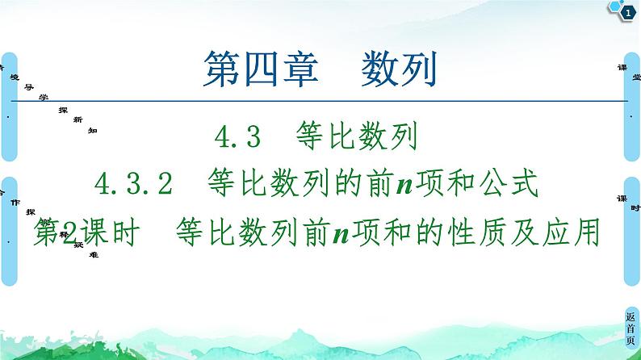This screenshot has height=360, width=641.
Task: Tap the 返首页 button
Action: (630, 327)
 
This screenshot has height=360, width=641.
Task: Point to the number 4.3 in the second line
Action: (238, 138)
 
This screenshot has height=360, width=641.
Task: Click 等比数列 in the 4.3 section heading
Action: (356, 138)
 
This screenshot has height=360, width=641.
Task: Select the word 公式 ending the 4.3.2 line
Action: (508, 184)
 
